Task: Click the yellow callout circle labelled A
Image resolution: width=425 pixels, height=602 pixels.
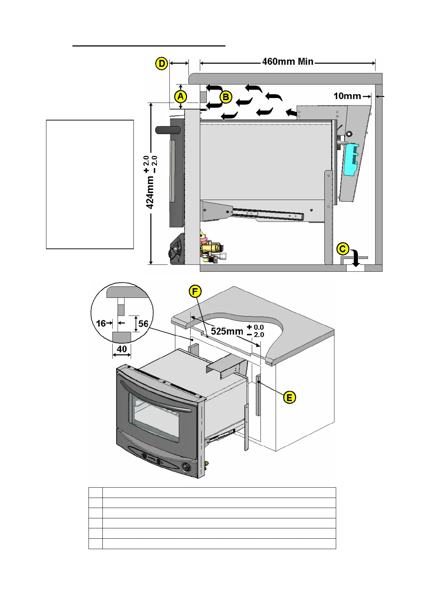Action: [181, 97]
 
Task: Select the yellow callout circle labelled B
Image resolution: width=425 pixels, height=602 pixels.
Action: [226, 97]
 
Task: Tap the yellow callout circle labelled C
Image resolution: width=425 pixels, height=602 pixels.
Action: [343, 249]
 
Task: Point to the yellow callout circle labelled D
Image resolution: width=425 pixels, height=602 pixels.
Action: [162, 64]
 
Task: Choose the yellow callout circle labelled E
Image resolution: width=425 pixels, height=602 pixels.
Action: [289, 398]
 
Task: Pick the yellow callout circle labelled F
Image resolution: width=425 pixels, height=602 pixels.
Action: [195, 292]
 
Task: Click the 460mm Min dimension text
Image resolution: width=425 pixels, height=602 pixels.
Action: [288, 62]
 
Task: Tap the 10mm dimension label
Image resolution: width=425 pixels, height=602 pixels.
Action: [347, 96]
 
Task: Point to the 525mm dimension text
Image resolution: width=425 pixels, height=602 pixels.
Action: [227, 331]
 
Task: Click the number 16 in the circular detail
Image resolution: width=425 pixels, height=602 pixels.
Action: [101, 324]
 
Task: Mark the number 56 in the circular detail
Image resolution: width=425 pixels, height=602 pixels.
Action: [143, 324]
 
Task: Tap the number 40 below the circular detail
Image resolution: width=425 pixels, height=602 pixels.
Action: [122, 349]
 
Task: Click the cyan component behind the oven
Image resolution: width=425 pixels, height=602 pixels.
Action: [351, 159]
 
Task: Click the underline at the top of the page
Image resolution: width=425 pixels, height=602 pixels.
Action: [149, 46]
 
